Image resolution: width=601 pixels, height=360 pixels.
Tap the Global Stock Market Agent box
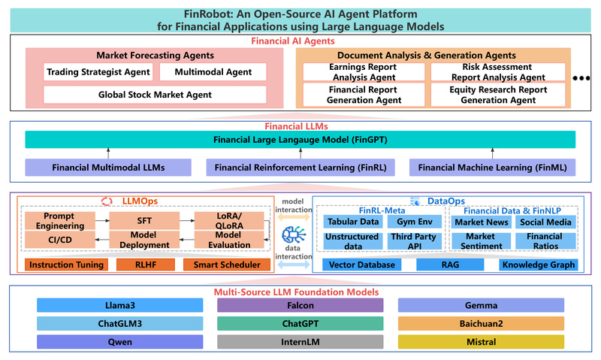(155, 95)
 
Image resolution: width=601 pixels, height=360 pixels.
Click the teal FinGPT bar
(300, 140)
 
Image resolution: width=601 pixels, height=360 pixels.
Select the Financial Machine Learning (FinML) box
(492, 167)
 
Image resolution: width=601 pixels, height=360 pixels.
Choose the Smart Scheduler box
(226, 265)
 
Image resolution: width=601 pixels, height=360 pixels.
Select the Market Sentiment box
(481, 241)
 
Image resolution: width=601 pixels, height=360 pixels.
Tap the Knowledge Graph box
(538, 265)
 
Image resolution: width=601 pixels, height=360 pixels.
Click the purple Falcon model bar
(300, 305)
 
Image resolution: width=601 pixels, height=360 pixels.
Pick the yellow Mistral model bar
(492, 342)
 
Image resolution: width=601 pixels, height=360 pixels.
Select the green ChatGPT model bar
(300, 324)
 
